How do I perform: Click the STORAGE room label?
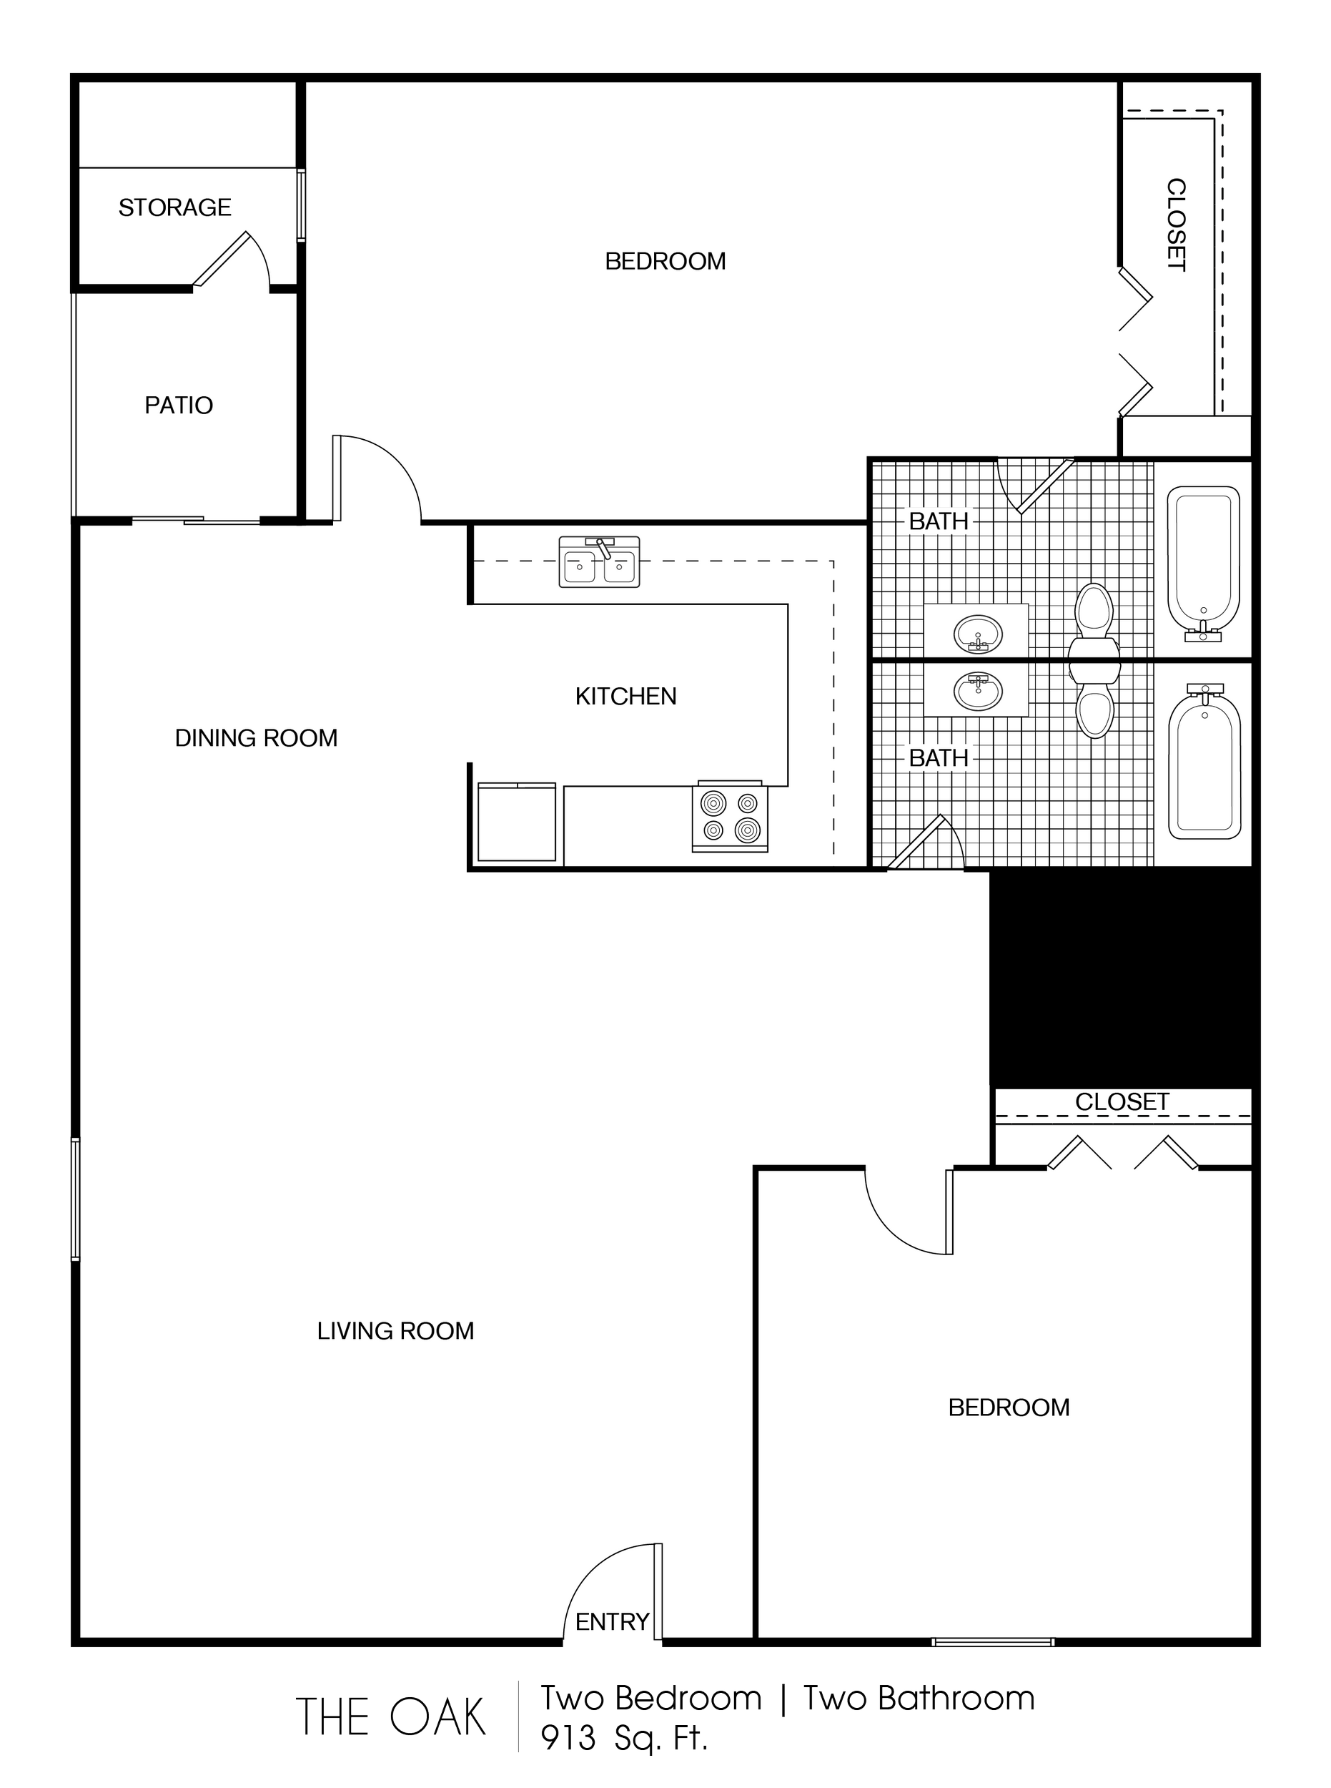click(x=175, y=208)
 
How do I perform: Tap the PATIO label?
click(x=179, y=405)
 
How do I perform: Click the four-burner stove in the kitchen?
click(x=730, y=816)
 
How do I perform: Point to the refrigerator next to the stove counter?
click(x=516, y=822)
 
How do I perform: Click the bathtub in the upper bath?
click(x=1204, y=564)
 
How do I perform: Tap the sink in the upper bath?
click(x=978, y=634)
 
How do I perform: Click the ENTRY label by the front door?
click(x=613, y=1621)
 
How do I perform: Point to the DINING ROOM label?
click(x=256, y=737)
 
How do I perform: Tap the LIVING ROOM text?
click(x=395, y=1330)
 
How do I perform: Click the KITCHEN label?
click(x=626, y=696)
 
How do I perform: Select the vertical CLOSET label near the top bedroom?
click(x=1177, y=225)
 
